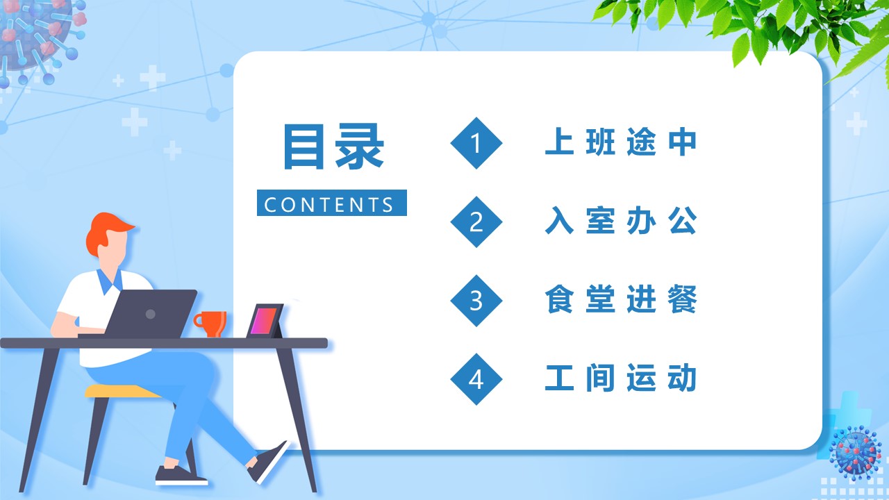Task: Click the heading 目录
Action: click(x=334, y=147)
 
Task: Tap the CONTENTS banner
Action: click(x=332, y=203)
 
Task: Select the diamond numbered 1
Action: click(x=476, y=143)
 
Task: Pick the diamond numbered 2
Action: click(x=476, y=222)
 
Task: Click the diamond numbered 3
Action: click(x=476, y=301)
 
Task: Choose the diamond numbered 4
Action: click(x=476, y=379)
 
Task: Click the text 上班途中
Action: click(x=621, y=142)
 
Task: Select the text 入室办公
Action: click(x=621, y=220)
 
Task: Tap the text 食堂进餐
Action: click(x=621, y=299)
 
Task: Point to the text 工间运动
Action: click(x=621, y=378)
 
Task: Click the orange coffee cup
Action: click(x=210, y=324)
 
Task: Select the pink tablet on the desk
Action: click(x=265, y=321)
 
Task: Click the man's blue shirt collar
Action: click(x=109, y=282)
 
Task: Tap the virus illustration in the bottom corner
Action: click(x=855, y=452)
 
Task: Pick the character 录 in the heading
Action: click(x=360, y=147)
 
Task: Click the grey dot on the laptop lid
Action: click(x=151, y=315)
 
